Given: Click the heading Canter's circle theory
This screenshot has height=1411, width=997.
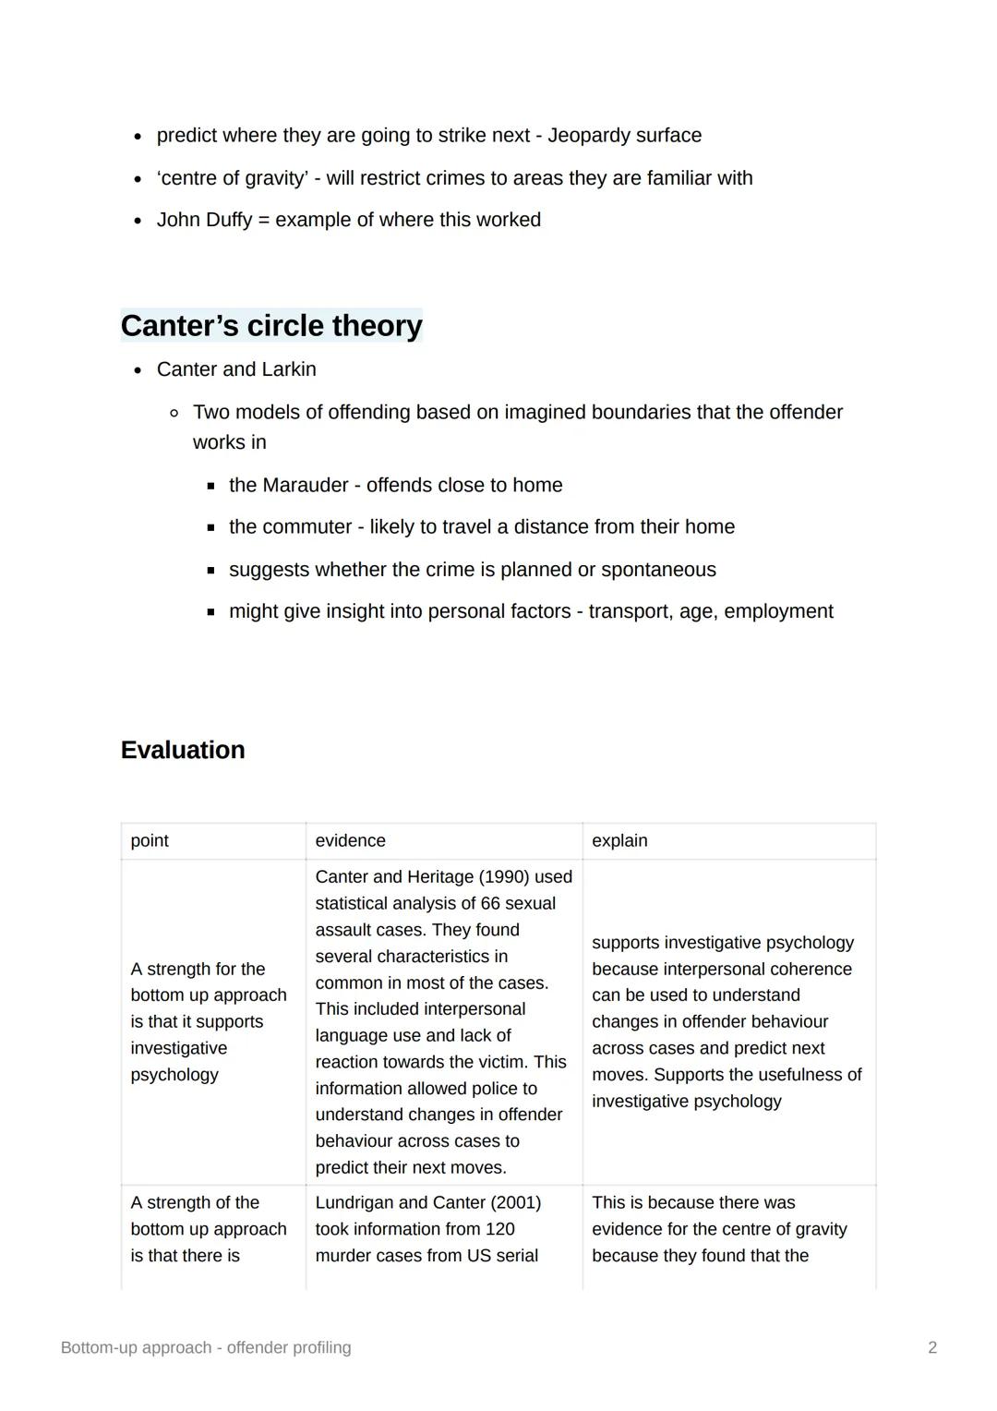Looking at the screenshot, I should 271,326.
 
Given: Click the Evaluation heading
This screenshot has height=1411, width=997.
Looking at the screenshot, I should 183,750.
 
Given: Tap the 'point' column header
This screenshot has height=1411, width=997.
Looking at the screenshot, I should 150,840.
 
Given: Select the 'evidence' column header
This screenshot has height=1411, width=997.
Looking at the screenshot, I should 350,840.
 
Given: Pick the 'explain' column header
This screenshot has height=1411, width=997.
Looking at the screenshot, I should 619,840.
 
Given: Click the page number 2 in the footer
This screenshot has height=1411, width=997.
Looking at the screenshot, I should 932,1347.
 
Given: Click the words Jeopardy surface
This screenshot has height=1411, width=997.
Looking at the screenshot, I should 624,136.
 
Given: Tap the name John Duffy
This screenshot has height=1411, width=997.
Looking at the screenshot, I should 204,220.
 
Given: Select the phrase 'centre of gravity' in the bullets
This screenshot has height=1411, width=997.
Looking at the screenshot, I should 232,178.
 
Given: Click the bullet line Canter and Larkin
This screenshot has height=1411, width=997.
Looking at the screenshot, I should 236,369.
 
